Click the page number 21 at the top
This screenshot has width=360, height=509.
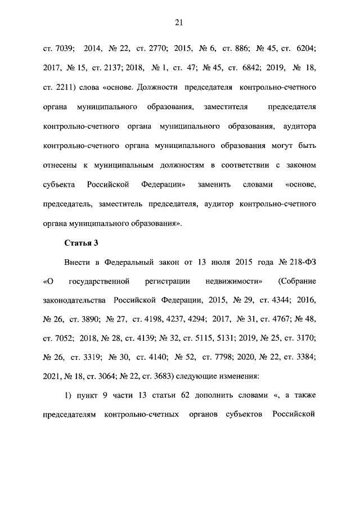pyautogui.click(x=179, y=22)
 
